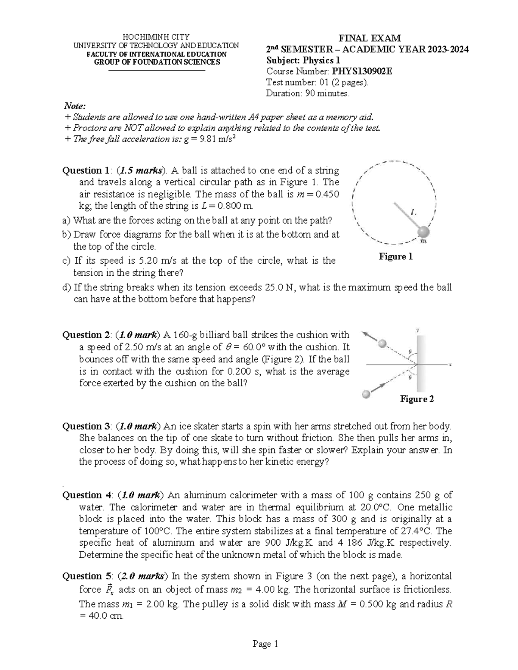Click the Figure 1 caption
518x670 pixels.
pos(395,257)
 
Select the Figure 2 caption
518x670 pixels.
pos(417,399)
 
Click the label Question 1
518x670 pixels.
pos(85,170)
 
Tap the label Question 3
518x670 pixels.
pos(85,427)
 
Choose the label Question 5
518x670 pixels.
pos(85,576)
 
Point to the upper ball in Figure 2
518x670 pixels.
pos(382,344)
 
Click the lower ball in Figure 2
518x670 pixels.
pos(366,394)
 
